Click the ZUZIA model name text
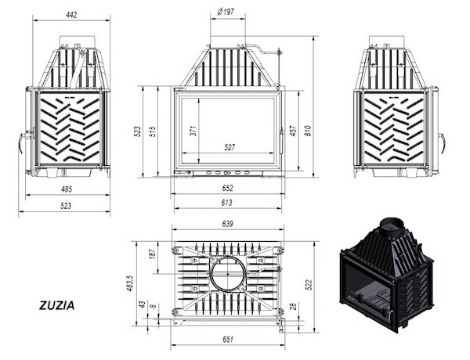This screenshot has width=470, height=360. click(57, 305)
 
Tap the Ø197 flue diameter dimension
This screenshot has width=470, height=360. click(226, 12)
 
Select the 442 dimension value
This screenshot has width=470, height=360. click(71, 14)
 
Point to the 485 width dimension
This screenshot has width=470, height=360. click(67, 189)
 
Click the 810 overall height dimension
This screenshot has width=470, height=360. click(308, 131)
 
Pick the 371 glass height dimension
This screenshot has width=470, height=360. click(193, 131)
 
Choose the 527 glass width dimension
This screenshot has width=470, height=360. click(230, 147)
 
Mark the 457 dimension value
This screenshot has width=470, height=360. click(293, 131)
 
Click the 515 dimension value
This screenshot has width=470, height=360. click(153, 131)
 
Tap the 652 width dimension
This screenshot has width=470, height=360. click(227, 188)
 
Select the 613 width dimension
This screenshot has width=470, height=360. click(227, 203)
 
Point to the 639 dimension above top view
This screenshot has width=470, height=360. click(227, 224)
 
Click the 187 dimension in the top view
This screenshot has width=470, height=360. click(153, 254)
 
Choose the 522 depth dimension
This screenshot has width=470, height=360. click(309, 285)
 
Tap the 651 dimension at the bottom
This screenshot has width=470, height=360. click(227, 339)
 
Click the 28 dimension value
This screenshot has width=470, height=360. click(294, 306)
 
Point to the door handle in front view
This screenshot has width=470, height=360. click(281, 142)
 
